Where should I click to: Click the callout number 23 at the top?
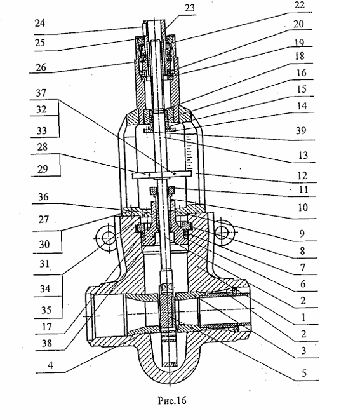[x=189, y=8]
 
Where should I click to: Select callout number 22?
[x=299, y=5]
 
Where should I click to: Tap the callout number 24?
[x=39, y=23]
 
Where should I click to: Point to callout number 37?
[x=41, y=93]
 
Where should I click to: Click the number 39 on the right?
[x=301, y=130]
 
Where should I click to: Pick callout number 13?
[x=303, y=156]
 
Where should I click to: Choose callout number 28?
[x=43, y=147]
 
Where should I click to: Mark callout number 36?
[x=43, y=197]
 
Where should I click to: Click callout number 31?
[x=44, y=264]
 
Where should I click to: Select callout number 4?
[x=50, y=365]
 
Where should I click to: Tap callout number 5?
[x=303, y=373]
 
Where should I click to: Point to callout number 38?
[x=46, y=343]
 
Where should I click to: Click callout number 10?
[x=303, y=207]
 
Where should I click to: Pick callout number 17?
[x=46, y=327]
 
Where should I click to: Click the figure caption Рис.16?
[x=172, y=401]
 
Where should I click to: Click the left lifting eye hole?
[x=109, y=238]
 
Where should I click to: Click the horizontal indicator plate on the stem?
[x=162, y=175]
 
